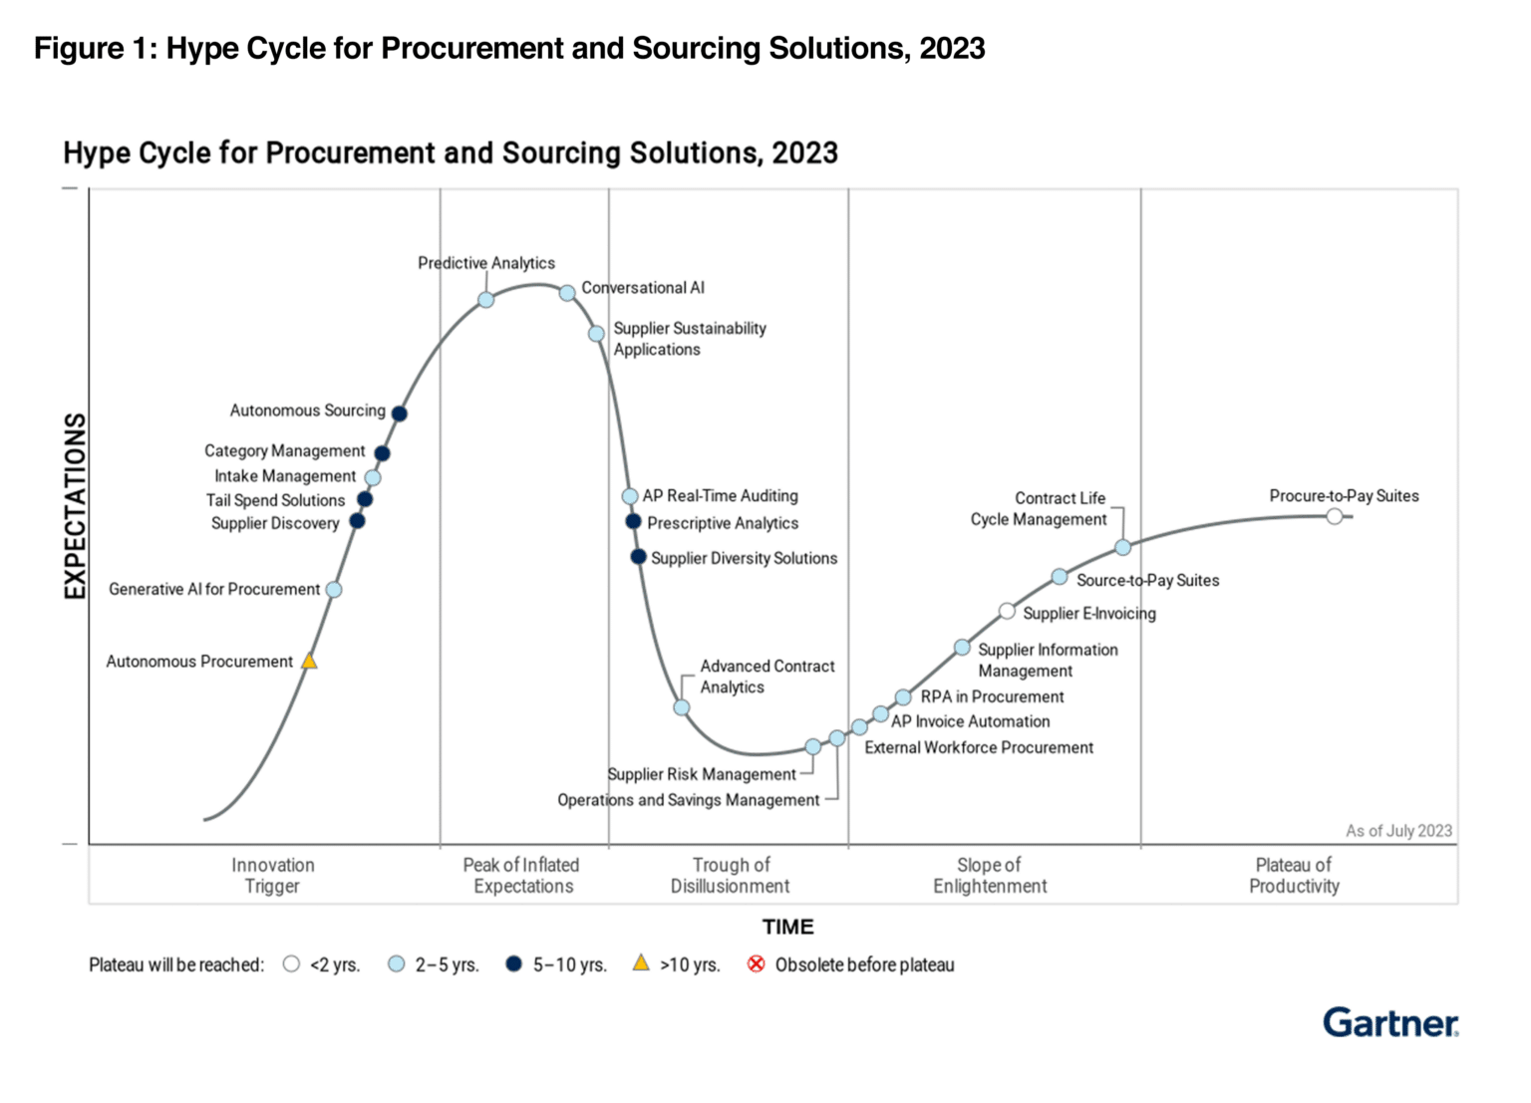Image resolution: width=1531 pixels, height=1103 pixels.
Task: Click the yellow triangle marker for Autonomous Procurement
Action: point(309,662)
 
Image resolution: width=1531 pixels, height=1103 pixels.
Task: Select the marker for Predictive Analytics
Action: point(485,300)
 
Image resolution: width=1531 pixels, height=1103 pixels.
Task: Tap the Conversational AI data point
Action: point(566,293)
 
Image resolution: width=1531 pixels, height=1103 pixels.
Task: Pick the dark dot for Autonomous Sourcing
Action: point(399,414)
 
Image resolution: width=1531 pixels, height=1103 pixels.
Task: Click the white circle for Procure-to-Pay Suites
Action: point(1335,516)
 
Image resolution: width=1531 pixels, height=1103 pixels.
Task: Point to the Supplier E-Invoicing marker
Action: point(1007,611)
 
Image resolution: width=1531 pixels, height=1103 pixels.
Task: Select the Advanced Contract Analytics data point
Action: point(682,707)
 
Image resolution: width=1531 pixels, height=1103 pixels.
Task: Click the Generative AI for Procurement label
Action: point(214,589)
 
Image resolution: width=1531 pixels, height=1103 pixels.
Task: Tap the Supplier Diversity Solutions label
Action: point(744,558)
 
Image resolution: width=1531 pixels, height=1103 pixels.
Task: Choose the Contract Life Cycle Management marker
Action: point(1122,547)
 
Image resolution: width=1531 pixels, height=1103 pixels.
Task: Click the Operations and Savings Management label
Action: point(688,800)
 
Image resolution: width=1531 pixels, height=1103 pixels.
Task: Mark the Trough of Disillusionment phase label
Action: point(730,876)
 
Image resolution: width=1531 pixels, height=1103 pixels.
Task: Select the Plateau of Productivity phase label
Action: point(1294,876)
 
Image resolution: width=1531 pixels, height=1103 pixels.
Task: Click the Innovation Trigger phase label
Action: point(272,876)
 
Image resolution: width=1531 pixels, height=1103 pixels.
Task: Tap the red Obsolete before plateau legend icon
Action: point(757,965)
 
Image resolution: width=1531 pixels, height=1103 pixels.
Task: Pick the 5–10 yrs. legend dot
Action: point(513,965)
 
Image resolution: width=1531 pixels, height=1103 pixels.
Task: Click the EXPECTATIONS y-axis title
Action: point(76,506)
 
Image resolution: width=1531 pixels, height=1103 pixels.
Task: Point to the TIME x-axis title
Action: point(787,927)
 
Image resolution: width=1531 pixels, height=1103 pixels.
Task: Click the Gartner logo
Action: point(1389,1023)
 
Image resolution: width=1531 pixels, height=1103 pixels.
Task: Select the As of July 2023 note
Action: point(1398,831)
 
